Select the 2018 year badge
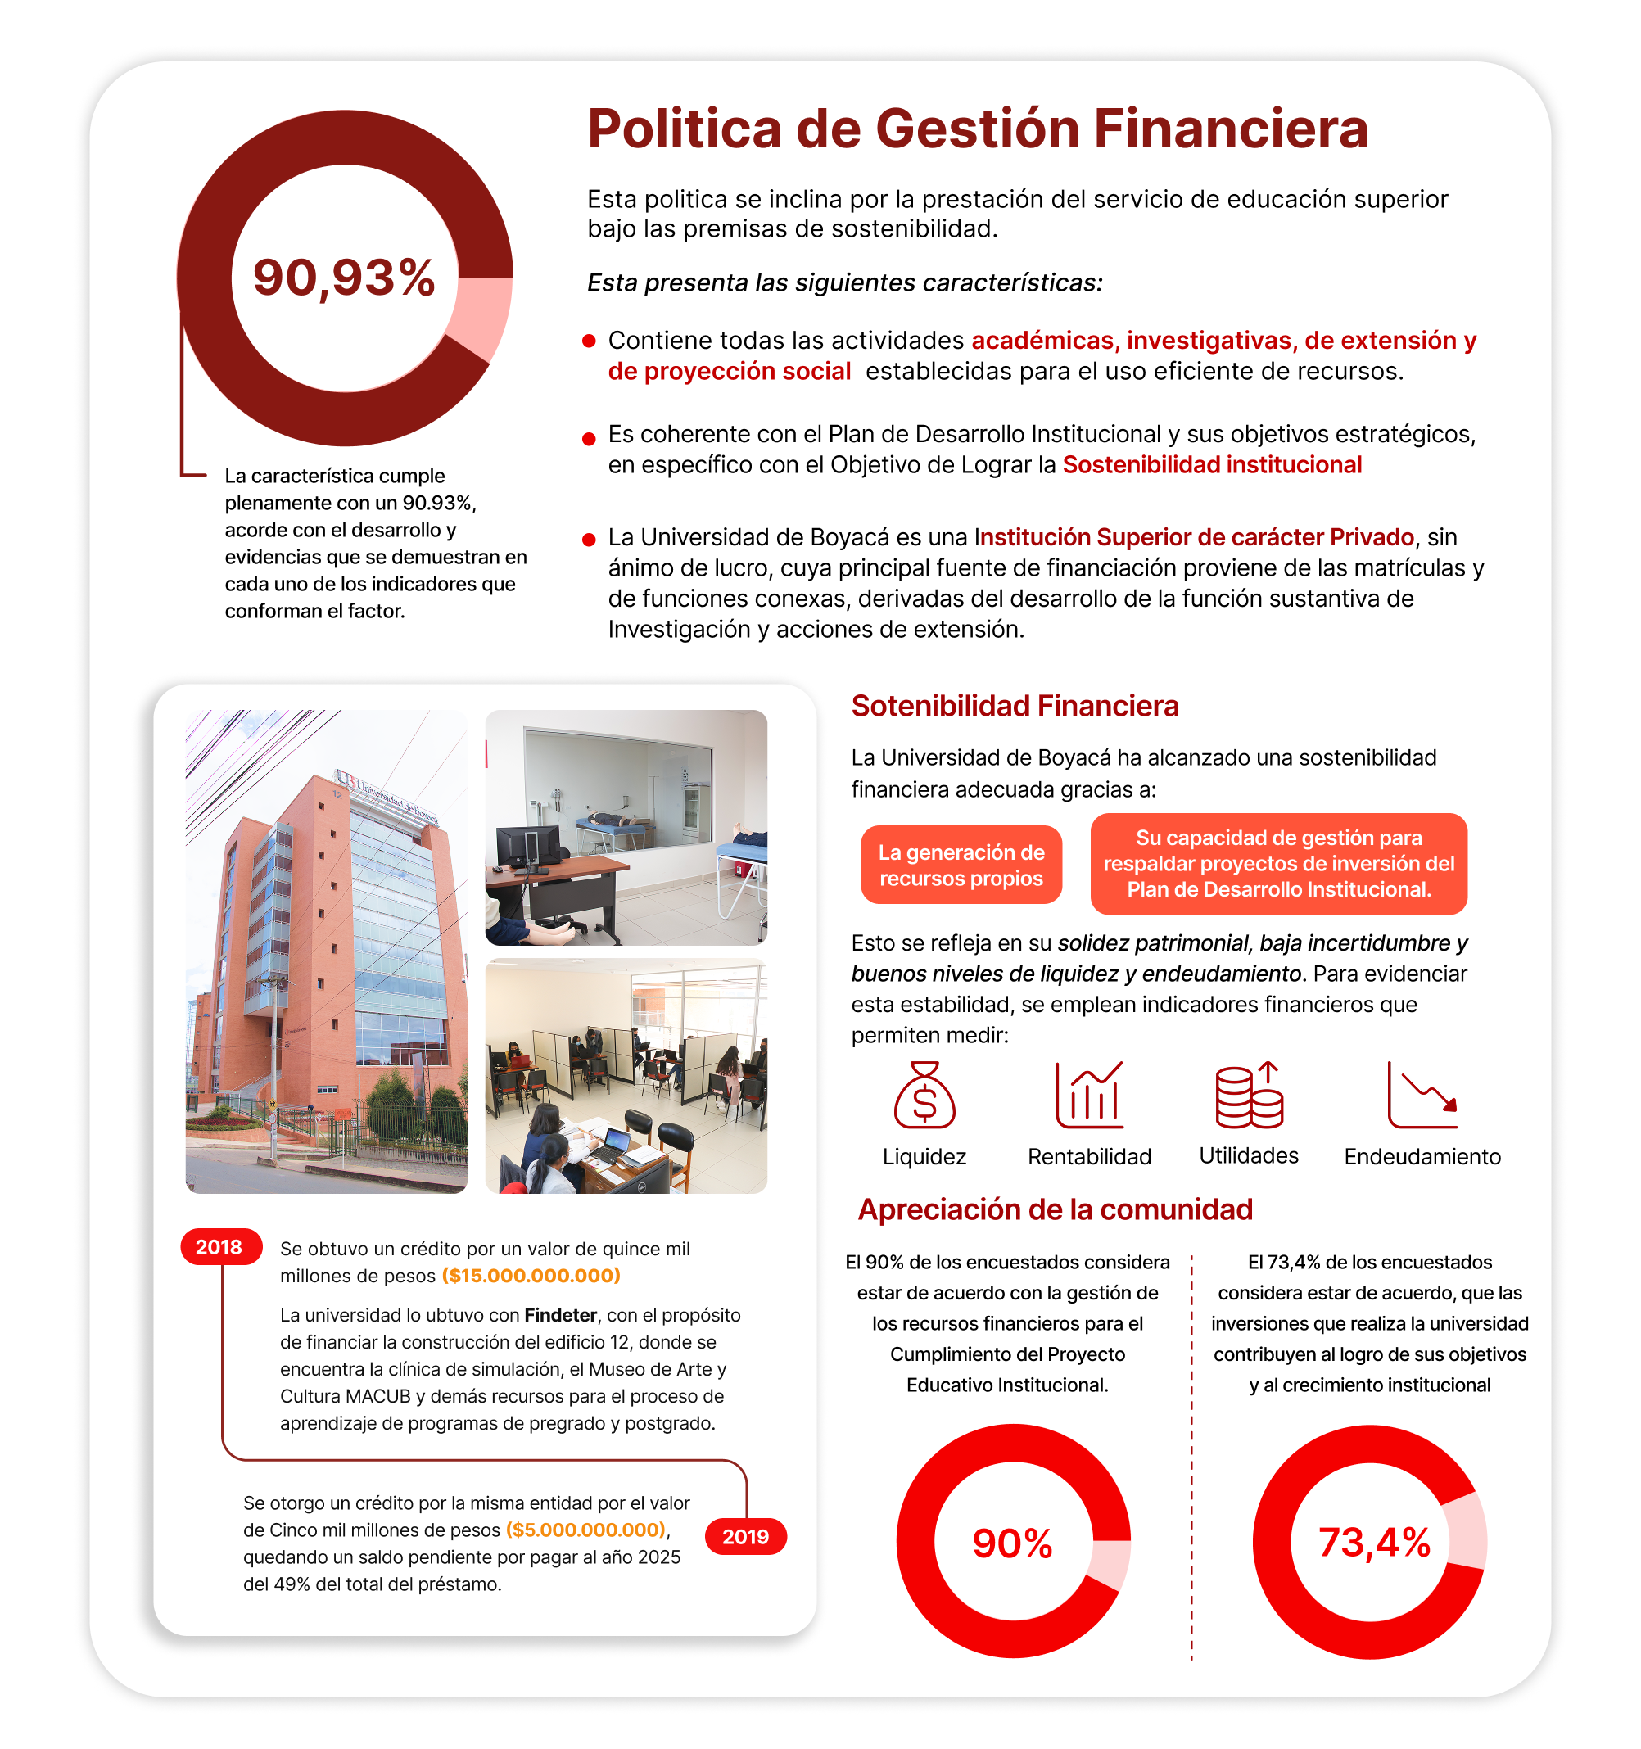(x=219, y=1246)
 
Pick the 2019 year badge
(x=745, y=1536)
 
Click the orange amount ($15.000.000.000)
(x=531, y=1276)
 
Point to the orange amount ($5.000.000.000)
(x=586, y=1530)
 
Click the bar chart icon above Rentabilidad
(x=1089, y=1096)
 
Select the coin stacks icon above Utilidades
(x=1249, y=1096)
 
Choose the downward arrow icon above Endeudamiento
(x=1422, y=1096)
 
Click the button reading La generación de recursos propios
(x=961, y=865)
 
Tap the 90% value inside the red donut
(x=1012, y=1543)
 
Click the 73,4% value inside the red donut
(x=1373, y=1543)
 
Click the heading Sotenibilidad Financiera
(x=1015, y=706)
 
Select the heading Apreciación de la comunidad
(x=1055, y=1209)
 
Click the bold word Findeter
(x=560, y=1315)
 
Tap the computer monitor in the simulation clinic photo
(x=528, y=847)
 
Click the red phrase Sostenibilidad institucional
(x=1212, y=464)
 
